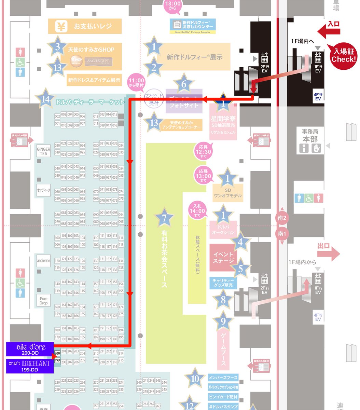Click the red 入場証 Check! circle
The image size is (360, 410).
343,56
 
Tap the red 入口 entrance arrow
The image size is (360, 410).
329,31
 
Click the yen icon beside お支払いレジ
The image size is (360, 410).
62,26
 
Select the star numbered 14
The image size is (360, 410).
45,99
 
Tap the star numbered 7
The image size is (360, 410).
164,217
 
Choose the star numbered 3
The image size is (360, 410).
57,47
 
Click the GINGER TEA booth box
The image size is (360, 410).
43,151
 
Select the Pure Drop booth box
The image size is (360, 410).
43,301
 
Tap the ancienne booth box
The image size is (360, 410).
43,261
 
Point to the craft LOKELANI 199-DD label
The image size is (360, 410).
30,366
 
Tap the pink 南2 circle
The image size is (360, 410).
282,218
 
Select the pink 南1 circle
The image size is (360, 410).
282,234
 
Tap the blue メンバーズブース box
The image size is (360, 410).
223,378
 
